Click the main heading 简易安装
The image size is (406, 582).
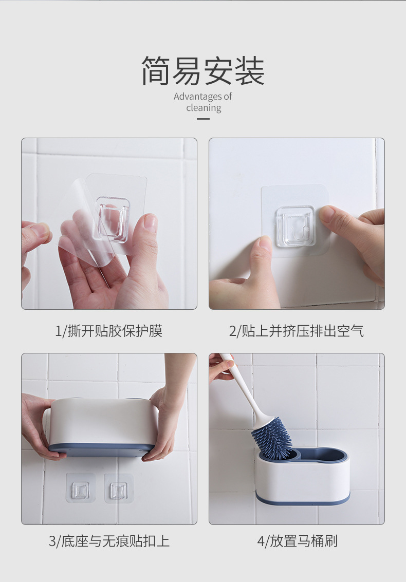[203, 71]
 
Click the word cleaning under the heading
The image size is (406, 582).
[204, 108]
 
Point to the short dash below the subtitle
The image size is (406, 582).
[204, 119]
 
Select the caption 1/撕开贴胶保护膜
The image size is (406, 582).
[109, 331]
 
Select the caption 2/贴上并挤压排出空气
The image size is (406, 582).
[297, 331]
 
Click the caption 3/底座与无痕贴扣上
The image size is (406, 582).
[109, 541]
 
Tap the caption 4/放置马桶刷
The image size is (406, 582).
[297, 541]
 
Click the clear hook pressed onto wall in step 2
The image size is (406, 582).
[294, 224]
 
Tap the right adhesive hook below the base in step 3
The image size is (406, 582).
[119, 489]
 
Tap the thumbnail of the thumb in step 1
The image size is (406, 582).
[150, 222]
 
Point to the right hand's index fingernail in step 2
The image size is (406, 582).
[327, 214]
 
